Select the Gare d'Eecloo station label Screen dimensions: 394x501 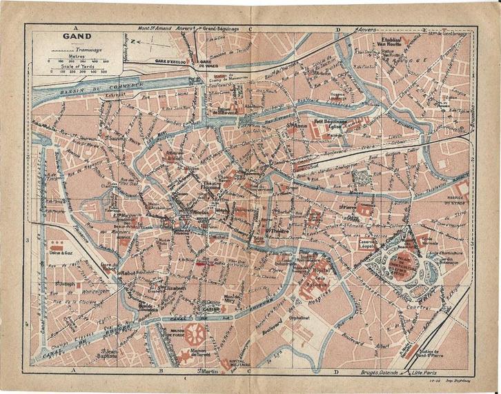point(170,61)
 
